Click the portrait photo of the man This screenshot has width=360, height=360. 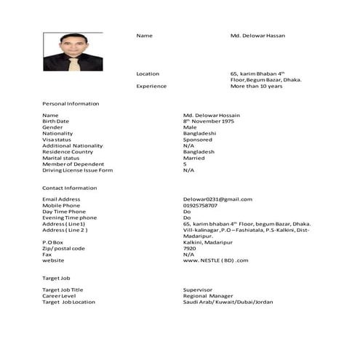73,52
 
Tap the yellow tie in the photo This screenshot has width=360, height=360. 71,64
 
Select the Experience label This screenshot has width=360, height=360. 151,86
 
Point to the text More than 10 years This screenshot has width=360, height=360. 256,86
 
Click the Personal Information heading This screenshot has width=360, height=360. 71,104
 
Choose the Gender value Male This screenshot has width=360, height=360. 190,127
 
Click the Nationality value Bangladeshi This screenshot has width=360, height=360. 200,133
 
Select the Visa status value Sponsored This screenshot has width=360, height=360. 198,140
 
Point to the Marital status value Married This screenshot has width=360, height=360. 193,158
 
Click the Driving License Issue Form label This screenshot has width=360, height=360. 77,170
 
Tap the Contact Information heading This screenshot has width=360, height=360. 69,188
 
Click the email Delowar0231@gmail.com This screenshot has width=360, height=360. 217,199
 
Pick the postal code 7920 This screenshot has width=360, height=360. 190,248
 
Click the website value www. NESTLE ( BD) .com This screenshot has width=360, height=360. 216,260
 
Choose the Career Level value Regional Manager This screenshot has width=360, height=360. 208,296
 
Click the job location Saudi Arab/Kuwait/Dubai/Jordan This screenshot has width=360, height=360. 228,302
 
